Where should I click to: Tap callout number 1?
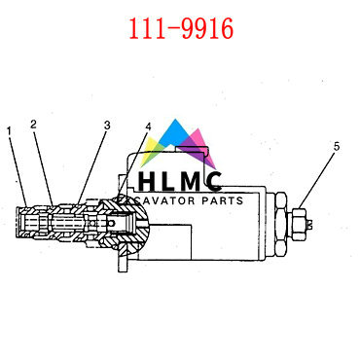click(10, 129)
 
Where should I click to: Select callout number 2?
click(34, 124)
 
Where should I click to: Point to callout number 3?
click(107, 125)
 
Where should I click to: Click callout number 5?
click(337, 147)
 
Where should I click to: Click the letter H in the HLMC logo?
click(148, 182)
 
